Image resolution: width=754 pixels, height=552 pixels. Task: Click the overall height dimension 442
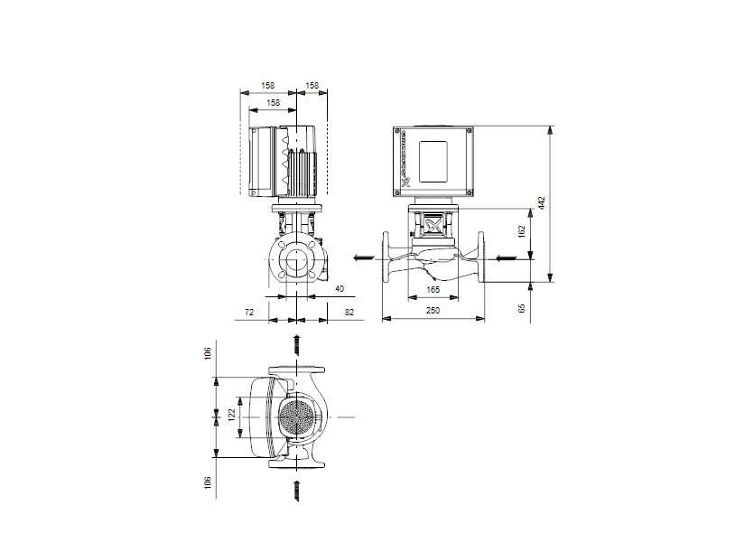(542, 202)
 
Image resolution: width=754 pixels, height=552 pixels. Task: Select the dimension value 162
(521, 231)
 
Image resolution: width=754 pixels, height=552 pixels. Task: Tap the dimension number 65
(521, 307)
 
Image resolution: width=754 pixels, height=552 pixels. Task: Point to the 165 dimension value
(433, 290)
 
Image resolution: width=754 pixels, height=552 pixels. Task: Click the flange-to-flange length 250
(433, 311)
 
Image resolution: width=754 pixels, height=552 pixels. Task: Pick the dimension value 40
(340, 289)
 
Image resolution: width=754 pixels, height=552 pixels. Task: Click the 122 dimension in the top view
(231, 415)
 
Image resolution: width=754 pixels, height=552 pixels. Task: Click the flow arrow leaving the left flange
(362, 258)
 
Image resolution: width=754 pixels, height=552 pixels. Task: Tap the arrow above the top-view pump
(296, 344)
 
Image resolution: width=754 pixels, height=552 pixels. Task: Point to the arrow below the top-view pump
(296, 490)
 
